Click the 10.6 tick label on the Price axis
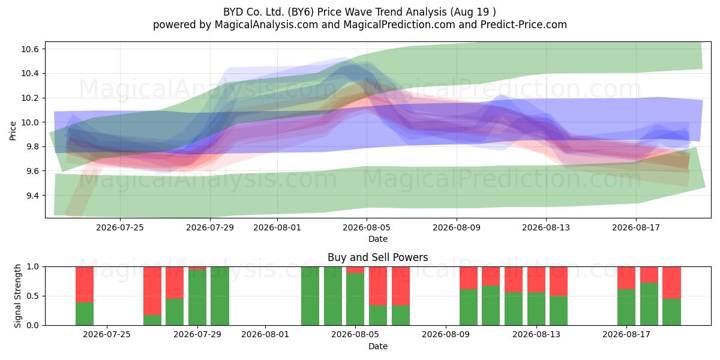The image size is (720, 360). tap(30, 49)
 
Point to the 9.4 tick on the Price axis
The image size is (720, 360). tap(30, 196)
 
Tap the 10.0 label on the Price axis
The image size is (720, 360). tap(30, 122)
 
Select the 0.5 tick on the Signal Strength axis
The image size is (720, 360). tap(32, 296)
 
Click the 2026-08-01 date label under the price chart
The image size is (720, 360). tap(277, 227)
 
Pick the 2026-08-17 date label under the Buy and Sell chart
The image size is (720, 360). tap(626, 335)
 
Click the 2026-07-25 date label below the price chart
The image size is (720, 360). tap(120, 227)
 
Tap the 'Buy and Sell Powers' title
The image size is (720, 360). tap(377, 257)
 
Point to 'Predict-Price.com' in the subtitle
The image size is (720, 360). tap(524, 25)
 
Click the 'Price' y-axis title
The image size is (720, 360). tap(13, 131)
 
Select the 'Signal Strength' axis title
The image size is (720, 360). tap(17, 296)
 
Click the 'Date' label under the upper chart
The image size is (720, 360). tap(377, 239)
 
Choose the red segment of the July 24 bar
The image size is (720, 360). tap(85, 284)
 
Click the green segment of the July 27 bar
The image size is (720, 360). tap(152, 320)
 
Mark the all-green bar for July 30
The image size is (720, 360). tap(220, 296)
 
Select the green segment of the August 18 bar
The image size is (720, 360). tap(649, 304)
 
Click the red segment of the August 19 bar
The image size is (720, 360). tap(672, 283)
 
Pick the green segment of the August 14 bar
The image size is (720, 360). tap(559, 311)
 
